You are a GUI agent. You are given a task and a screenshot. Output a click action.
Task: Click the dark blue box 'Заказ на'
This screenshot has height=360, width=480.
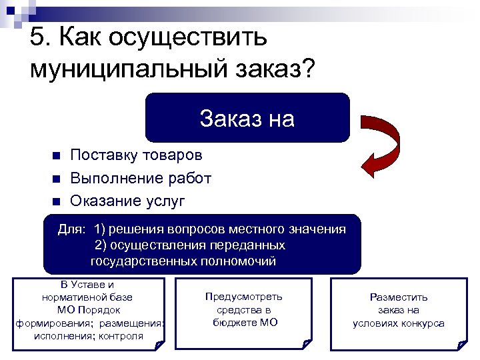coord(247,118)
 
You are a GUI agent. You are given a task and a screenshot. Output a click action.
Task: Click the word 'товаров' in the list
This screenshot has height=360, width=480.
coord(172,156)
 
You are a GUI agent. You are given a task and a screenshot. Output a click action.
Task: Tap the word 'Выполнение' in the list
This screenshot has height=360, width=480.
coord(109,179)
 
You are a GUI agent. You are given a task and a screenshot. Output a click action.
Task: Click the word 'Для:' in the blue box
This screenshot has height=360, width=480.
coord(71,229)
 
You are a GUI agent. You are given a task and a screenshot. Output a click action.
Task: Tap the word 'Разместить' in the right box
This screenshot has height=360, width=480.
coord(399,297)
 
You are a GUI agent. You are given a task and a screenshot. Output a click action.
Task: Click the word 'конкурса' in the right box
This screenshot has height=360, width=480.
coord(421,323)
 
